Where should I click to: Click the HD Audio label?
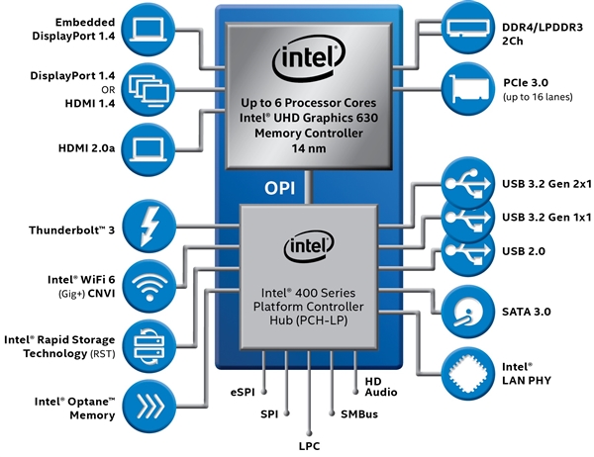point(380,386)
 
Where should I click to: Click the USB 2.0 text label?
point(526,251)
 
